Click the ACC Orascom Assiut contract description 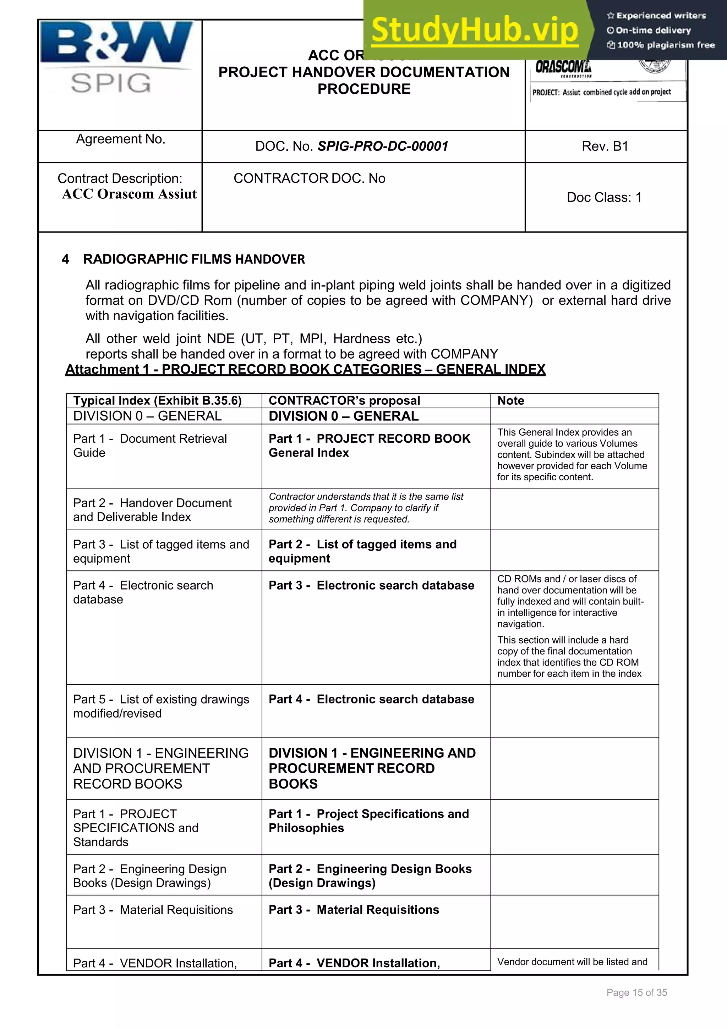129,194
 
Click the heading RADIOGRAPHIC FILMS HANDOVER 193,259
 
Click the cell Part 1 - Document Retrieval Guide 150,446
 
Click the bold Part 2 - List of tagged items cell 362,551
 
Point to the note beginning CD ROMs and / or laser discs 570,601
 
